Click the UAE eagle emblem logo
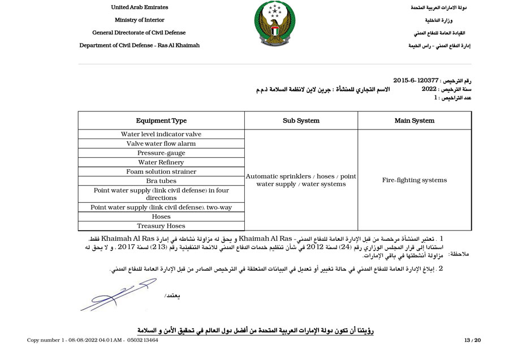[x=275, y=24]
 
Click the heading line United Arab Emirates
[x=139, y=7]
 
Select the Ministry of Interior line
[x=139, y=20]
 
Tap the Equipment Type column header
[x=161, y=120]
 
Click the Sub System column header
[x=301, y=120]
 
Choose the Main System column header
[x=415, y=120]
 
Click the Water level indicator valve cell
[x=161, y=135]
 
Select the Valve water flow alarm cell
[x=161, y=144]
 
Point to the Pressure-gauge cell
[x=161, y=153]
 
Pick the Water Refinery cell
[x=161, y=162]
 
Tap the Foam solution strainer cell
[x=161, y=172]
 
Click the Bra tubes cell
[x=161, y=181]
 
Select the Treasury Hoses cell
[x=161, y=226]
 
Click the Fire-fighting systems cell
[x=415, y=180]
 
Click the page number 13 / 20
[x=472, y=340]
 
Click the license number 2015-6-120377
[x=416, y=81]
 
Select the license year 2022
[x=429, y=89]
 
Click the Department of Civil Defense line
[x=139, y=45]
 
